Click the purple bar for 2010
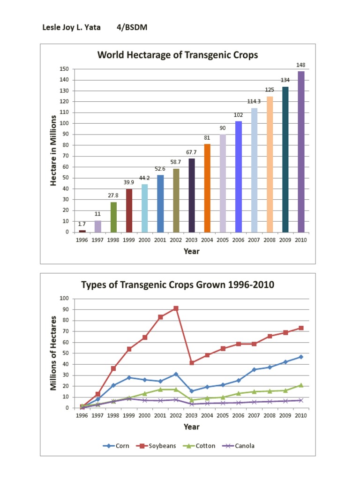(301, 151)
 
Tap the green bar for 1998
(113, 217)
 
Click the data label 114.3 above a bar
(254, 102)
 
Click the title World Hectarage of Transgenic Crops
(178, 55)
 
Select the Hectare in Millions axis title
(53, 150)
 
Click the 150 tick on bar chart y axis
(64, 69)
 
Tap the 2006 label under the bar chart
(238, 240)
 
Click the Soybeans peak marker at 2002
(176, 308)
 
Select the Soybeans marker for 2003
(191, 363)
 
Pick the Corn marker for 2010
(301, 357)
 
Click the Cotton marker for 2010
(301, 385)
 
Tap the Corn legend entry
(117, 446)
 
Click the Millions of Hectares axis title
(53, 353)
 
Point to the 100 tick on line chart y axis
(64, 299)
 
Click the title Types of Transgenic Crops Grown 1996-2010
(178, 285)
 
